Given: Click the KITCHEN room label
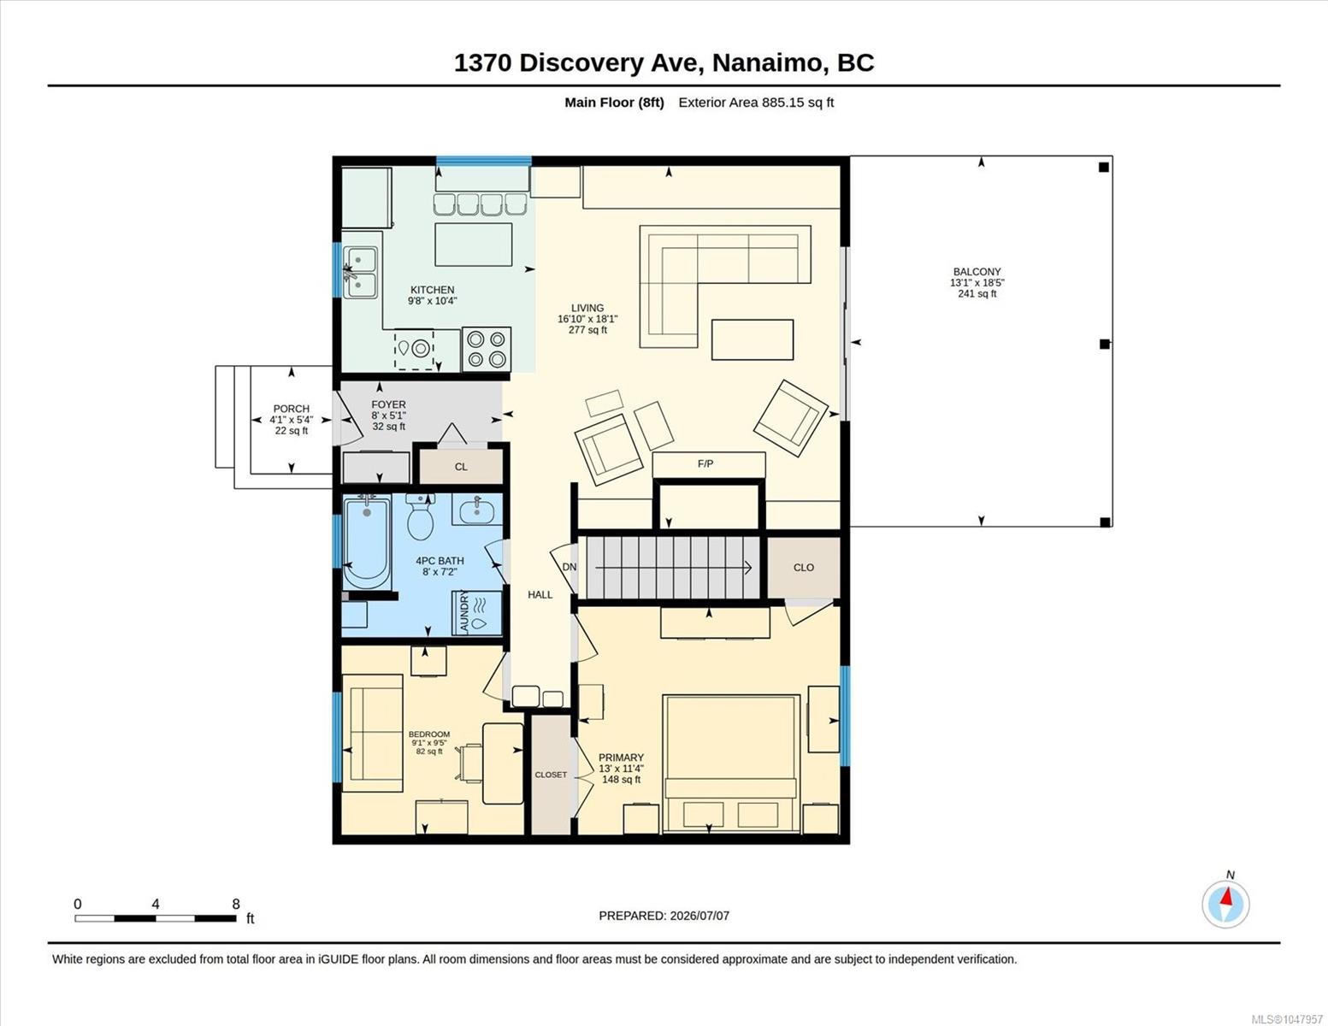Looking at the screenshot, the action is [432, 290].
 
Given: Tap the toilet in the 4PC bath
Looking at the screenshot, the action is [421, 516].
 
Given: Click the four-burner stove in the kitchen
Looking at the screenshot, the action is [487, 349].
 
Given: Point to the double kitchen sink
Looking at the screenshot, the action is [360, 273].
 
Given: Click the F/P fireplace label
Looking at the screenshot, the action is [705, 463].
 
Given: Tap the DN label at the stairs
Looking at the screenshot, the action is [569, 567].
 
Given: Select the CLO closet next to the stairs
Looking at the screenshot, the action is [804, 567].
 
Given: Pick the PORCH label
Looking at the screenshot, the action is [291, 409].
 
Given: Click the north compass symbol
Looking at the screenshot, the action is [1226, 905].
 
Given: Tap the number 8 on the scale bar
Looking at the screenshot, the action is [236, 904].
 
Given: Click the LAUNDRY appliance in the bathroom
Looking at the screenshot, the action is [476, 613].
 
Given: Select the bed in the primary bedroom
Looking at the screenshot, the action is [731, 764].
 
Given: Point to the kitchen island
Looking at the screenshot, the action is [474, 245].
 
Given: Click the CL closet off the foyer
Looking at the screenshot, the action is [461, 467].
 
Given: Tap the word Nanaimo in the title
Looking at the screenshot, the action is [767, 63].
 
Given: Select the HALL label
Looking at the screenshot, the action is [540, 594].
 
